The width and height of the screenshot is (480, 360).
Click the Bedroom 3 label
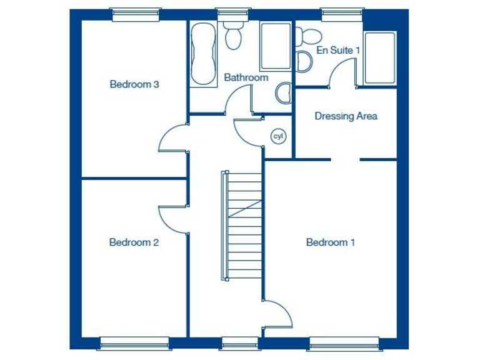(134, 84)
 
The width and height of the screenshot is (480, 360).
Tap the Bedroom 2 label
(134, 242)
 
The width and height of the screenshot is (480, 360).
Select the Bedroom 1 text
(331, 242)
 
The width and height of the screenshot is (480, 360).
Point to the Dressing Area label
(346, 116)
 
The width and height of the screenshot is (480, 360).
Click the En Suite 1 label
(339, 49)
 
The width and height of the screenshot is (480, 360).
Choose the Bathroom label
(246, 77)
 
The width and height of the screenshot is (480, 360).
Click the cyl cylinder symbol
(277, 136)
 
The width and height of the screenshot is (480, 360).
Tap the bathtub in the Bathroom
(202, 54)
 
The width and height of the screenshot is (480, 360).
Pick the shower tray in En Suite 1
(380, 57)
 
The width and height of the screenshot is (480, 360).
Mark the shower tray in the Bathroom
(275, 46)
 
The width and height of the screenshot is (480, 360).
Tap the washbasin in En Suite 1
(304, 62)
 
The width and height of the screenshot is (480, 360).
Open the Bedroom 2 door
(173, 219)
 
